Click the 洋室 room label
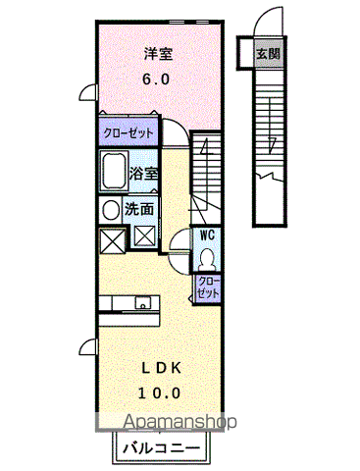(x=159, y=54)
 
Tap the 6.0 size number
(x=156, y=79)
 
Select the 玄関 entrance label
(x=268, y=53)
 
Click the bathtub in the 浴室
(x=115, y=171)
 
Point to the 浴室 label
(x=143, y=173)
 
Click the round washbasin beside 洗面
(x=111, y=210)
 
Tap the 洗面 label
(x=139, y=209)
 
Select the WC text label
(x=207, y=235)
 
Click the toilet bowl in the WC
(x=206, y=259)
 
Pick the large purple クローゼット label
(x=129, y=133)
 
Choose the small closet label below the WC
(x=208, y=287)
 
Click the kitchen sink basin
(x=143, y=302)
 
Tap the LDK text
(x=161, y=369)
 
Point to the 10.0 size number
(x=159, y=392)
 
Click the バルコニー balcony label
(x=161, y=447)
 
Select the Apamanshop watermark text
(x=180, y=422)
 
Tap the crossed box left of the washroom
(x=112, y=240)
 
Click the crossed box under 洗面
(x=144, y=236)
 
